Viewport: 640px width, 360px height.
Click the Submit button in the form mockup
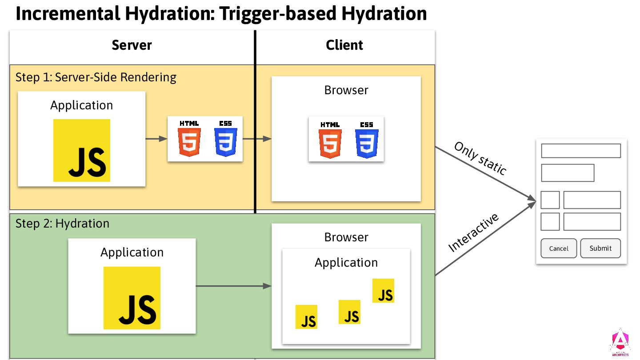pos(600,248)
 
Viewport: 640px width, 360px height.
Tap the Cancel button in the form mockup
pos(559,248)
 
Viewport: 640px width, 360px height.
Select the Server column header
pos(132,45)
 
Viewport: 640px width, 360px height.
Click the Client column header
pos(344,45)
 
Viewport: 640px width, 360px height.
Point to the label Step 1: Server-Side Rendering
pos(96,77)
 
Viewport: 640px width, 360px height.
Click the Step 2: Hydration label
pos(62,223)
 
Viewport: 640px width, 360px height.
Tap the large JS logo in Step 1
pos(82,150)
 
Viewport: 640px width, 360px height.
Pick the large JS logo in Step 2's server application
pos(132,298)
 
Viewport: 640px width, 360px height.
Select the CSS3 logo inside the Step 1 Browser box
pos(367,139)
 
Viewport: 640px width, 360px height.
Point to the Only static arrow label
pos(480,159)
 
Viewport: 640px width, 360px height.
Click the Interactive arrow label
pos(473,232)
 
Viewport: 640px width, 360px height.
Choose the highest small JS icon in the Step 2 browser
pos(383,291)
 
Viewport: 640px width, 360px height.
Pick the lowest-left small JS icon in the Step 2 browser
pos(307,317)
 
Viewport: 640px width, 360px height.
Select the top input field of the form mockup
pos(580,151)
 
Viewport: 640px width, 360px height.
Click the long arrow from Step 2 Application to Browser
pos(233,286)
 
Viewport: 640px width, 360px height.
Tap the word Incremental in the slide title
pos(68,14)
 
